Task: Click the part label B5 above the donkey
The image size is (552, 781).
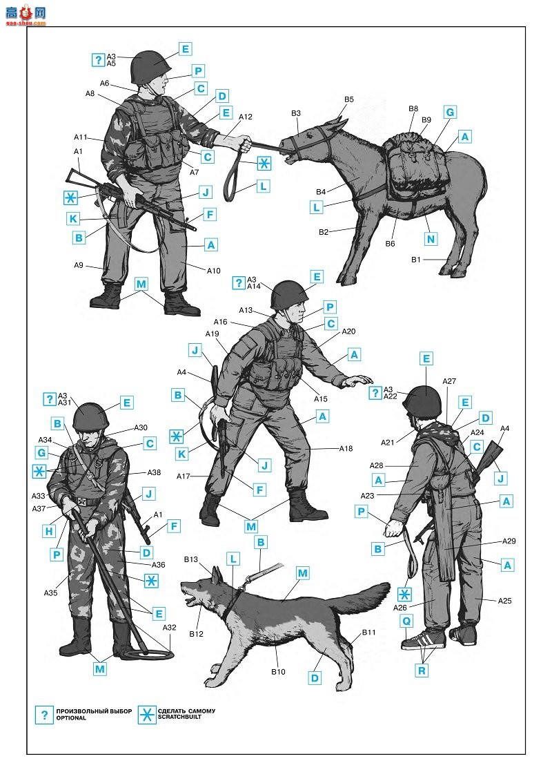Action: [349, 99]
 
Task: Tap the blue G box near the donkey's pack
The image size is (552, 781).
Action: [449, 112]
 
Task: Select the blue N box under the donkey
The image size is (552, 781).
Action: [431, 239]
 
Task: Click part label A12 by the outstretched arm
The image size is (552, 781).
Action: [246, 117]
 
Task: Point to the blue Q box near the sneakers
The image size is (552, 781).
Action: [406, 621]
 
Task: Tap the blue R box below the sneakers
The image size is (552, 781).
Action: [422, 671]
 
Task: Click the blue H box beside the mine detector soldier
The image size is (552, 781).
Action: [49, 532]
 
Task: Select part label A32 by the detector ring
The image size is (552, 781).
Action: [169, 628]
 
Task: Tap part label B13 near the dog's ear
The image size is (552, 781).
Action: [190, 559]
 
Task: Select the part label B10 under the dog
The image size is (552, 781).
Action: [278, 672]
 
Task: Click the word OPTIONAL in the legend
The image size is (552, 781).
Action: [71, 717]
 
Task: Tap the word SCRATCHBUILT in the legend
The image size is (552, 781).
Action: [179, 717]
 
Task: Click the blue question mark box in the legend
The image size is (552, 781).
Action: [44, 715]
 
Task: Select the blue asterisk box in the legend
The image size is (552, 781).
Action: [147, 715]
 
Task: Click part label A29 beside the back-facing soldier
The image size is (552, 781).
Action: [509, 541]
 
